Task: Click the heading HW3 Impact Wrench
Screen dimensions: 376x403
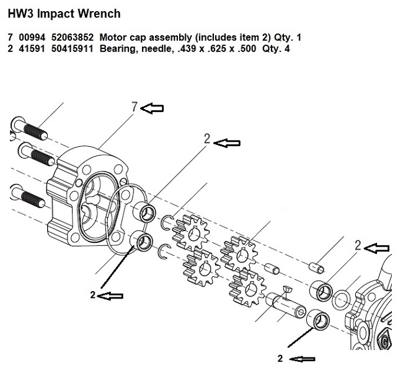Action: point(64,12)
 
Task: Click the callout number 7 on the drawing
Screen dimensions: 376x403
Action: point(133,108)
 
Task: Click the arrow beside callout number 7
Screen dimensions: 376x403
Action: point(153,108)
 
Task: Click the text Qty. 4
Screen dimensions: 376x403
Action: point(277,49)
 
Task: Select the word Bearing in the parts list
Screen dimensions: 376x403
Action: point(117,49)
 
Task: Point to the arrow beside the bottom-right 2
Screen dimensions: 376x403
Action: point(303,358)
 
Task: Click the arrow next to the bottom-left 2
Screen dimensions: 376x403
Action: point(111,295)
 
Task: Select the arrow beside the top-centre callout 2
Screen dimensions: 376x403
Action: point(226,142)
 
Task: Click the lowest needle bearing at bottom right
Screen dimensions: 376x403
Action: point(317,317)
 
